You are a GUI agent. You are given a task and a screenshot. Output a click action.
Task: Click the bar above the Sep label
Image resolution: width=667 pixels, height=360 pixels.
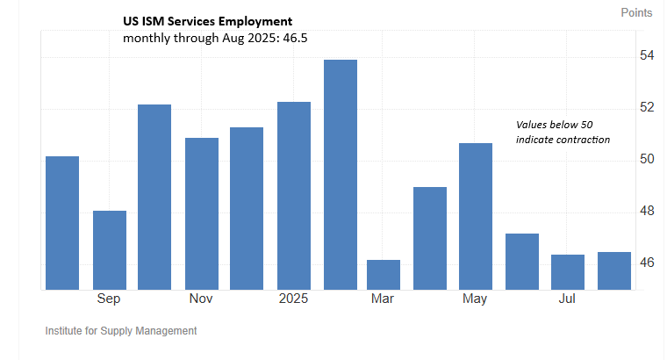tap(110, 249)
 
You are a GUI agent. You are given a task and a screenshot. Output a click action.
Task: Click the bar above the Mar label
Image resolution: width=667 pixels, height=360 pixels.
tap(384, 274)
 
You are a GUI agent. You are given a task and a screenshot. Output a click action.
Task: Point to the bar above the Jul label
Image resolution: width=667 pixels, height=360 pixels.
tap(568, 271)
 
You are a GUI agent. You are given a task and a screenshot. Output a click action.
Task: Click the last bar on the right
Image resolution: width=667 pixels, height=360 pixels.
tap(614, 270)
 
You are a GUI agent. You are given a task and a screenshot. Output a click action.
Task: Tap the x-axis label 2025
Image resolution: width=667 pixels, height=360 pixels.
tap(294, 299)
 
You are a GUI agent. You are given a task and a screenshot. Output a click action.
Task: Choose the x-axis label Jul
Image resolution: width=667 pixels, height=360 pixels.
tap(568, 299)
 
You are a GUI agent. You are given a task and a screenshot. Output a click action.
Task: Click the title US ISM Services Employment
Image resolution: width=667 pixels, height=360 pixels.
tap(208, 21)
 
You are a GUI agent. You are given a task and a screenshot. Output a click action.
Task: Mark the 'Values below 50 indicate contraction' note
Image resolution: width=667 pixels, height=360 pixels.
tap(562, 133)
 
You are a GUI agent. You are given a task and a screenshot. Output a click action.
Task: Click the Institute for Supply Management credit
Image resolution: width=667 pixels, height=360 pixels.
tap(120, 331)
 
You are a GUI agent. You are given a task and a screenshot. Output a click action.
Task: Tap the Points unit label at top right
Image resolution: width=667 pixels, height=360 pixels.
tap(636, 12)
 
